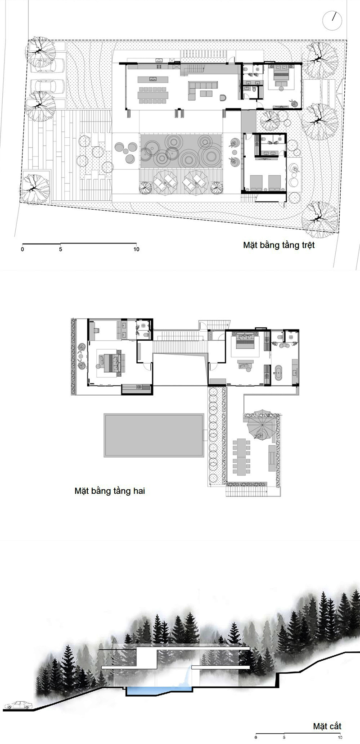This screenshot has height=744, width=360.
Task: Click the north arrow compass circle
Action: point(332,20)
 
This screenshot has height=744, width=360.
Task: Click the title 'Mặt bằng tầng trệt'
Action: point(279,245)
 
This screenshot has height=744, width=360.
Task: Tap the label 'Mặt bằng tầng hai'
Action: point(110,491)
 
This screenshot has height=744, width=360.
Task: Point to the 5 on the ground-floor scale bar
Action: point(60,249)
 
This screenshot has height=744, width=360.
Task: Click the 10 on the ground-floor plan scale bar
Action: point(136,249)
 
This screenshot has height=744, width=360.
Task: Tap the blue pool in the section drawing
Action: point(159,691)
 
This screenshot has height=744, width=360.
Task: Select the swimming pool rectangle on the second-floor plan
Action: point(154,435)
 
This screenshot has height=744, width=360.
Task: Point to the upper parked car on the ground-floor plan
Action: point(48,65)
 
